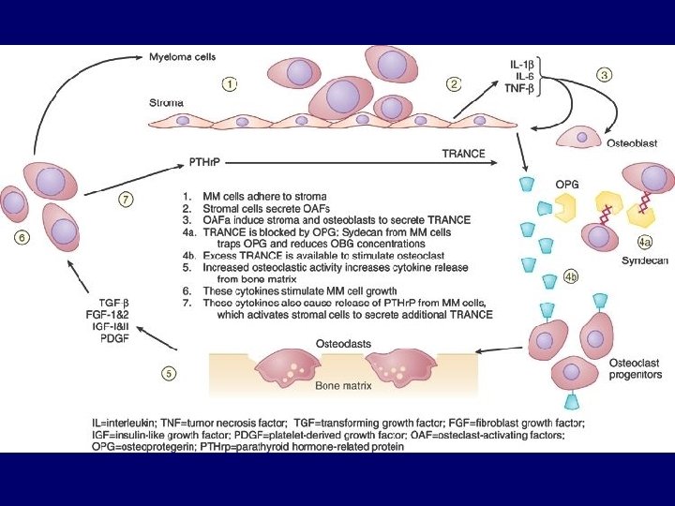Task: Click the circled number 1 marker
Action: [229, 83]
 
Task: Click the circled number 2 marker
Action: [454, 83]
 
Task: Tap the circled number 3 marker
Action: [605, 74]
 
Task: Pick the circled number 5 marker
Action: [168, 373]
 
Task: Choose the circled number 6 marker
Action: [21, 238]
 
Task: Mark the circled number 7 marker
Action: [126, 199]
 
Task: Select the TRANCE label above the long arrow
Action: [463, 153]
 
